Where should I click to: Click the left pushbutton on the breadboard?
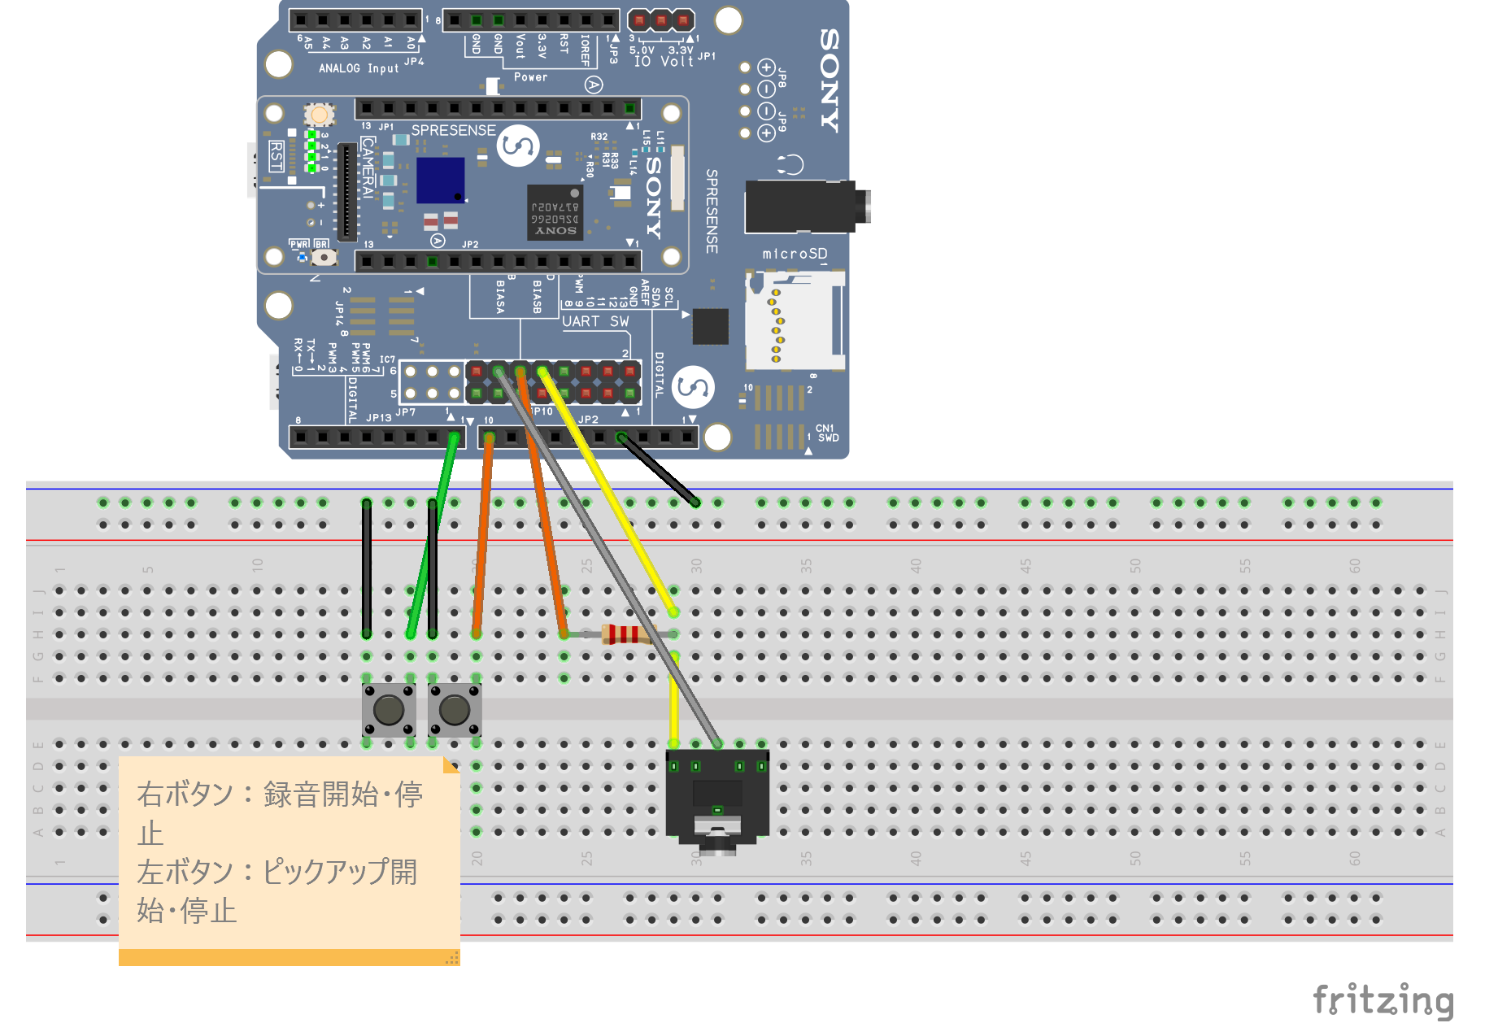click(x=389, y=710)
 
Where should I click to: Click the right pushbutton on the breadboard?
click(x=455, y=710)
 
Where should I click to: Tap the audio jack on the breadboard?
click(x=716, y=801)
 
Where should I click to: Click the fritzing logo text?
click(x=1383, y=999)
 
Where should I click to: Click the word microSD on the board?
click(x=794, y=254)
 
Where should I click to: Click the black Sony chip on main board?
click(x=555, y=212)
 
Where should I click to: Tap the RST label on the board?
click(x=276, y=156)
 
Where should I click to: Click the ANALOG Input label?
click(x=359, y=68)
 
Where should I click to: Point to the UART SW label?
click(x=595, y=321)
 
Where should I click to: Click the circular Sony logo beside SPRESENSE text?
click(x=518, y=146)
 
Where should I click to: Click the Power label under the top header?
click(x=530, y=77)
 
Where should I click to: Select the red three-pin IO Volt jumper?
click(x=661, y=20)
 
